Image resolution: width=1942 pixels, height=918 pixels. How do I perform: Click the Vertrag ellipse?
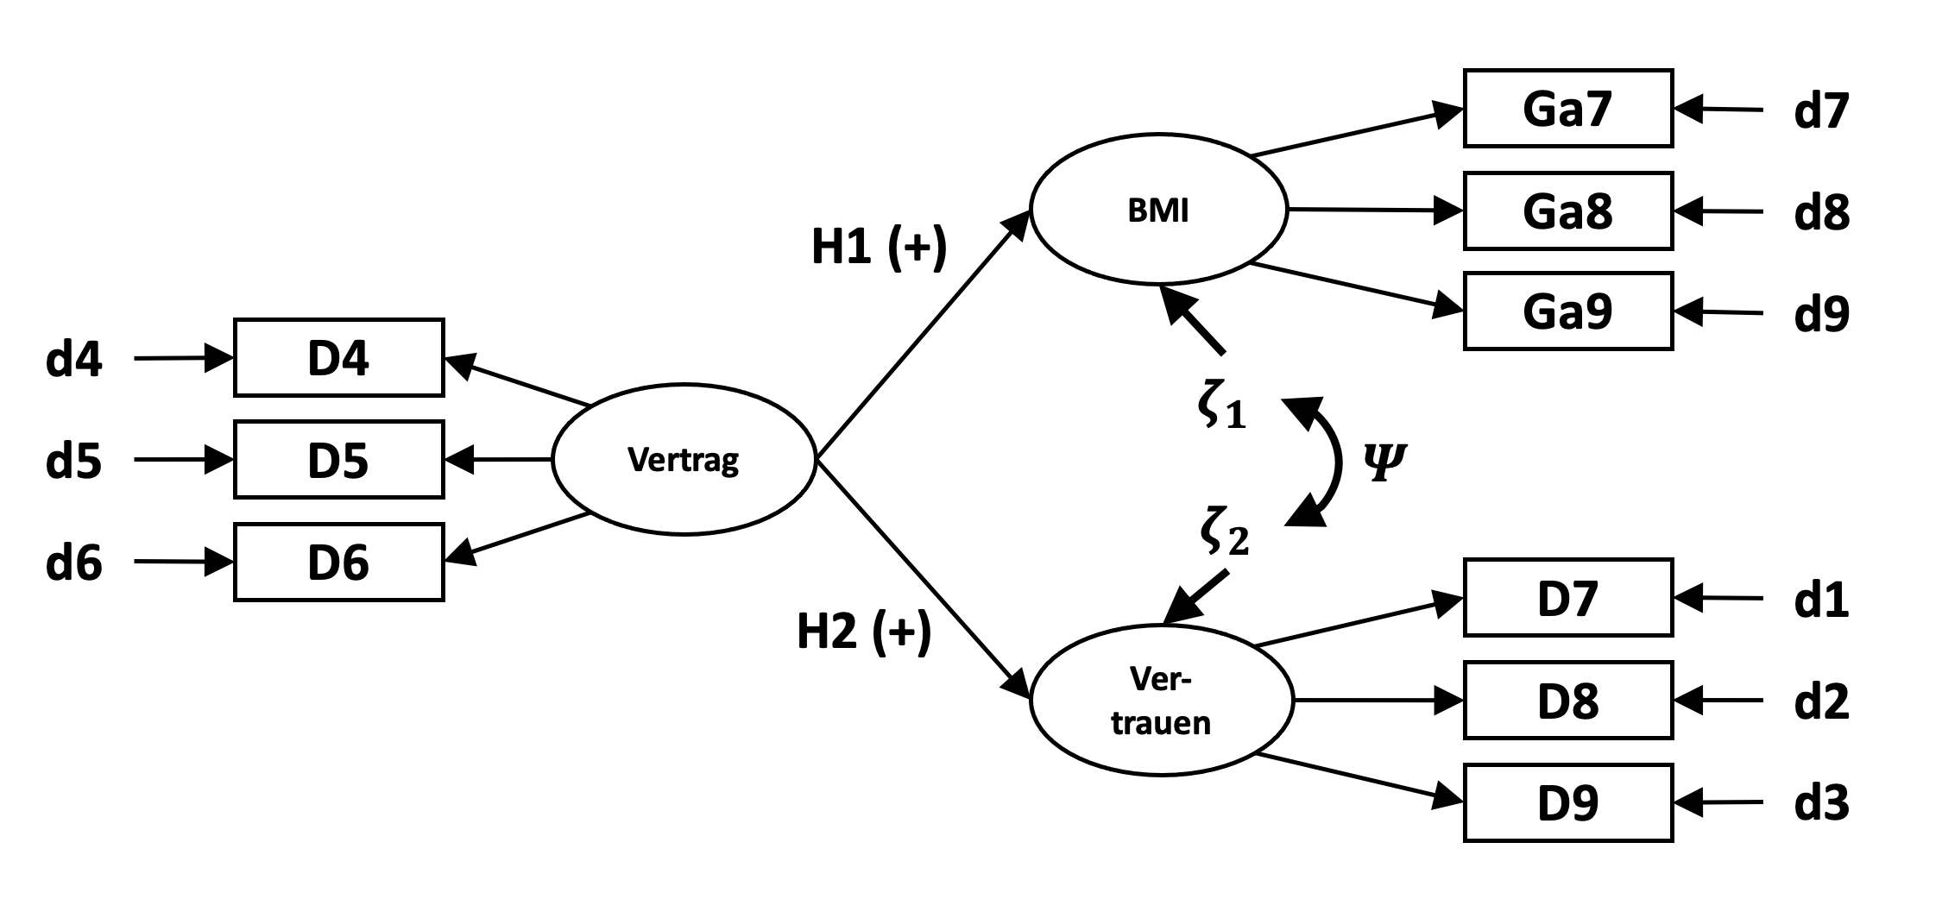[684, 460]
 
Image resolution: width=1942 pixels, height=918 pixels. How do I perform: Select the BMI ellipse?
[1158, 210]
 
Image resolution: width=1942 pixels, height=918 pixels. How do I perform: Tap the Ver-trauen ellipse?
[1161, 701]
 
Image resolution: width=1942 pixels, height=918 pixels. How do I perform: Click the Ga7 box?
[1567, 109]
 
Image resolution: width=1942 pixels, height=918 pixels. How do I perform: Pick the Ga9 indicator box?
[1567, 311]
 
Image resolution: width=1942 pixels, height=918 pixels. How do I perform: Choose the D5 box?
[338, 460]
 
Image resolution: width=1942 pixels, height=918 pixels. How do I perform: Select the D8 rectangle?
[1567, 701]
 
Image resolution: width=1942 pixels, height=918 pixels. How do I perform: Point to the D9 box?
[1567, 802]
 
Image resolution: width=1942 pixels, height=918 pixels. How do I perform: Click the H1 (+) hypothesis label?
[879, 248]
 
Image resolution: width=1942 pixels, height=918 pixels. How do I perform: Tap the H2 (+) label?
[863, 632]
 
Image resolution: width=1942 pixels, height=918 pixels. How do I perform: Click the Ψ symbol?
[1384, 462]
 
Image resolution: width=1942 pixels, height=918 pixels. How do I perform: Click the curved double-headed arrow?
[1334, 462]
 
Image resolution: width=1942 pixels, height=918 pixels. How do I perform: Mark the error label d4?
[74, 359]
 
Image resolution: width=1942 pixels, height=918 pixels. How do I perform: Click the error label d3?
[1821, 803]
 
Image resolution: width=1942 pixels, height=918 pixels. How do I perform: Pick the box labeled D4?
[338, 358]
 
